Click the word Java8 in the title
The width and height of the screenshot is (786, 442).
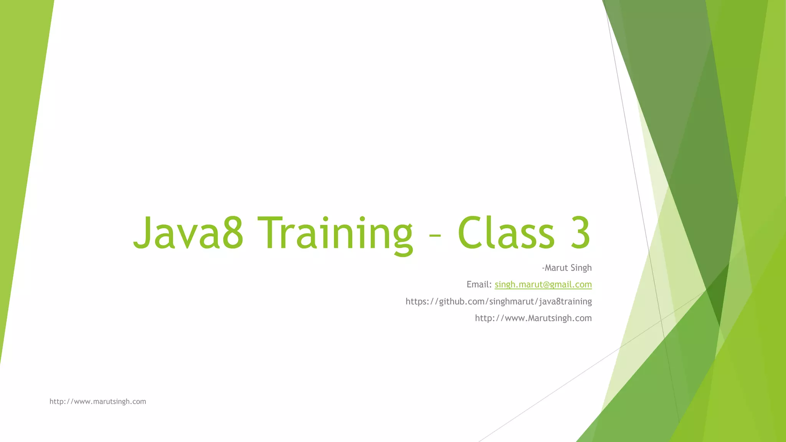point(188,233)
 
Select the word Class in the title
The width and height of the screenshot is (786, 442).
point(506,233)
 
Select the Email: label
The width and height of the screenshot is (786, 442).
point(479,285)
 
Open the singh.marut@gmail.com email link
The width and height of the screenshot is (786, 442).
point(543,285)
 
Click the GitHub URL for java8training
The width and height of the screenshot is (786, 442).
point(499,302)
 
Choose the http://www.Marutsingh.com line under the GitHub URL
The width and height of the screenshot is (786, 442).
point(533,318)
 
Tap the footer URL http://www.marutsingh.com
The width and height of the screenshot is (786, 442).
point(98,402)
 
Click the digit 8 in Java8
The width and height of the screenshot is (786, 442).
point(233,233)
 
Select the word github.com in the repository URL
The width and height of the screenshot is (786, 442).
point(462,302)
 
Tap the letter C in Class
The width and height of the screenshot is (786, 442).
point(471,233)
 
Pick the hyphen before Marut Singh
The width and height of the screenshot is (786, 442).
point(543,268)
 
